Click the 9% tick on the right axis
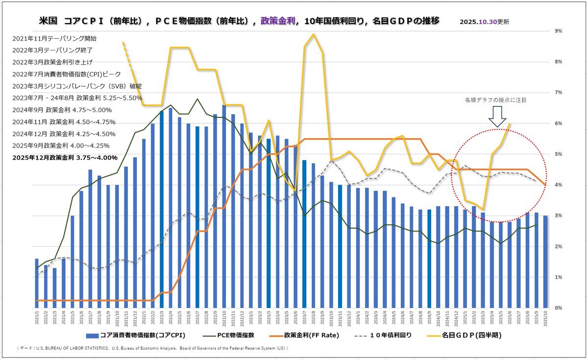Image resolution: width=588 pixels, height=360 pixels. (558, 31)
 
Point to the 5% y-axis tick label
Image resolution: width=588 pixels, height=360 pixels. (558, 154)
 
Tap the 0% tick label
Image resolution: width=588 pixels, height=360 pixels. (558, 308)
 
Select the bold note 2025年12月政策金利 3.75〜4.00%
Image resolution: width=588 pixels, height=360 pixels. (65, 158)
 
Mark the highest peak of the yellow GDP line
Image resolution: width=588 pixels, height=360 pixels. (313, 34)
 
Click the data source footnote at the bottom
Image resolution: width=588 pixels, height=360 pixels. (152, 348)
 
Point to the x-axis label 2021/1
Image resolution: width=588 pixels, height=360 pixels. (37, 316)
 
